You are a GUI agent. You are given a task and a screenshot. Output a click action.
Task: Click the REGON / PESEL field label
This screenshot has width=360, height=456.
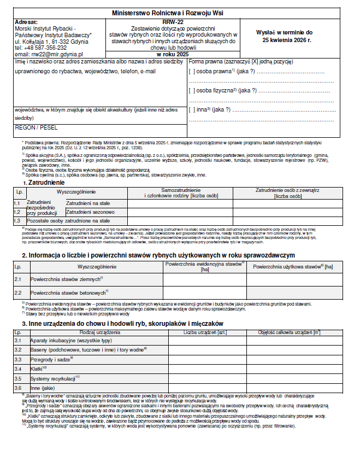coord(34,127)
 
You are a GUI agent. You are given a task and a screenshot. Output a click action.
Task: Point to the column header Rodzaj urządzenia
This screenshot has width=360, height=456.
coord(100,332)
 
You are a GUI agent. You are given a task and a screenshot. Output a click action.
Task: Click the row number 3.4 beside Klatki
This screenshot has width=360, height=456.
coord(18,369)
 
